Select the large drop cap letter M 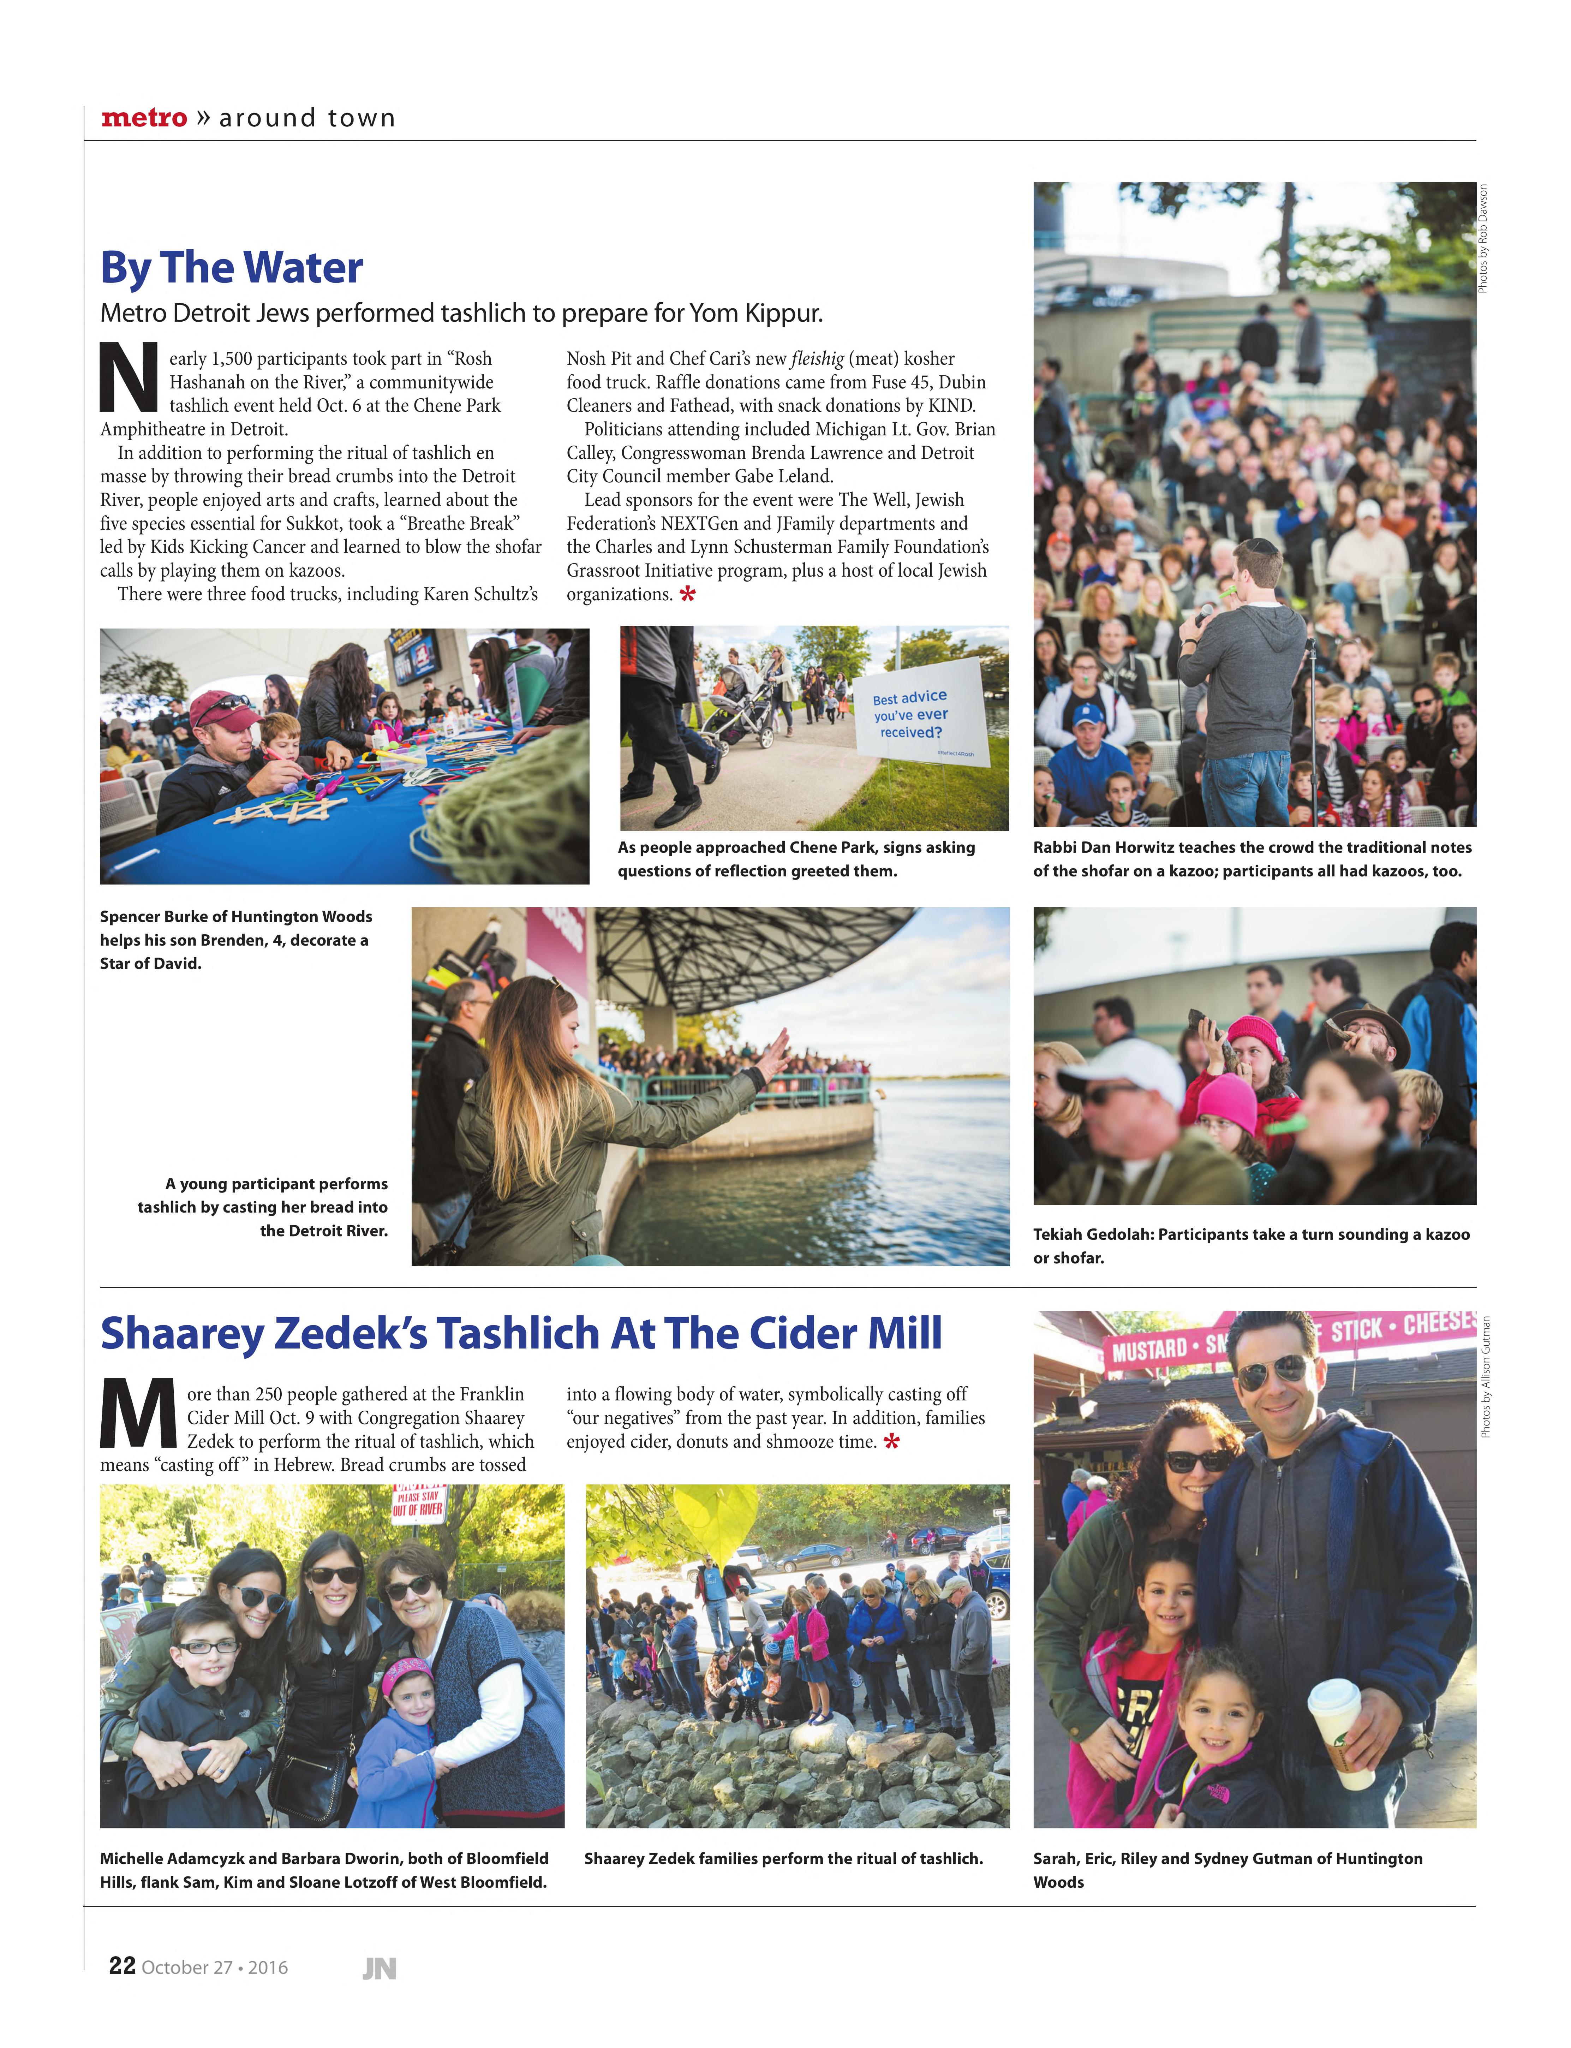(137, 1413)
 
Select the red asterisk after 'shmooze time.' (891, 1442)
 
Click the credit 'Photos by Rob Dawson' (1483, 238)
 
